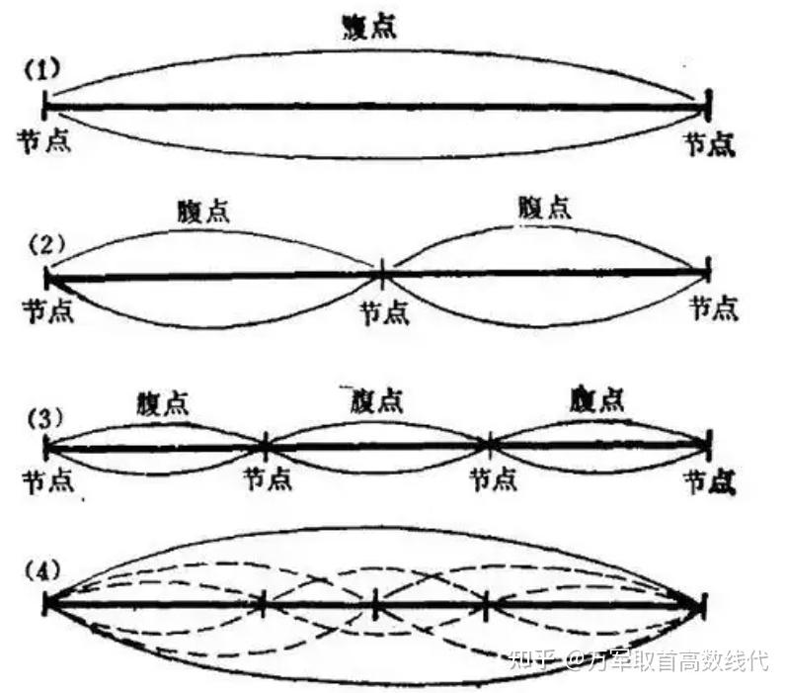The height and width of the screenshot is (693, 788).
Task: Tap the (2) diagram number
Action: click(43, 242)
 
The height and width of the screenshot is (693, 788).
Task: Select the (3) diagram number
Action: click(43, 415)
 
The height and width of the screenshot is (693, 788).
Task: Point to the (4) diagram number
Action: click(43, 570)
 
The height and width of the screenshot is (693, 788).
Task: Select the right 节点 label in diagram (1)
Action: click(712, 145)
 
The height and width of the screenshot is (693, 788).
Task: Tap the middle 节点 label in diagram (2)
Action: click(383, 311)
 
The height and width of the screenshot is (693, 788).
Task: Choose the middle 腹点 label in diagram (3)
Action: click(375, 401)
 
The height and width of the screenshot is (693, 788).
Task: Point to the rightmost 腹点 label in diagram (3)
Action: click(596, 398)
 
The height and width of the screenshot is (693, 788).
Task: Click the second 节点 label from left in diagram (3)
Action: click(267, 479)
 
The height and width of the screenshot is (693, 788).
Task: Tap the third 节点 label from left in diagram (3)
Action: click(493, 479)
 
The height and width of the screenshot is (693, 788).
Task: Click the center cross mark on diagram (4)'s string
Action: click(375, 603)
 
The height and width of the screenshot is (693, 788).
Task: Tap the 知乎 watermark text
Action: click(530, 659)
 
